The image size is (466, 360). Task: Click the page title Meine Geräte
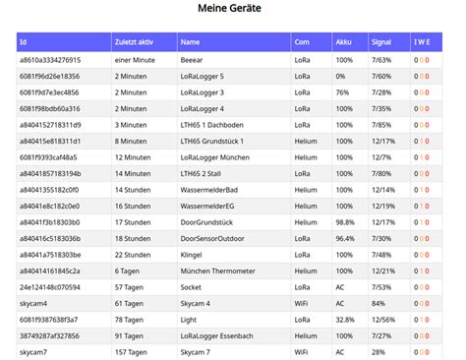[233, 10]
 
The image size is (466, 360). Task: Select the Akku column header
[343, 42]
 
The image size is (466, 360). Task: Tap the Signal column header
[381, 42]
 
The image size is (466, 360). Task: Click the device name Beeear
[194, 60]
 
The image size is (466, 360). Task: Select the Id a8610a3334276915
[50, 60]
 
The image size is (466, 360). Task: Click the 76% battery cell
[343, 92]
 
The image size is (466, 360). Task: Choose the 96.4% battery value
[345, 238]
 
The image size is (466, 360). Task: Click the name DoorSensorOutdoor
[216, 238]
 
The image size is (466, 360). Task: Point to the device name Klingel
[194, 254]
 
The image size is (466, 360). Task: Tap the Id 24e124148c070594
[51, 286]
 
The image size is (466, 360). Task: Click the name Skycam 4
[197, 303]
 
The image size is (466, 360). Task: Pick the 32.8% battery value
[345, 319]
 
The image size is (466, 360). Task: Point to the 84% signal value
[379, 303]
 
